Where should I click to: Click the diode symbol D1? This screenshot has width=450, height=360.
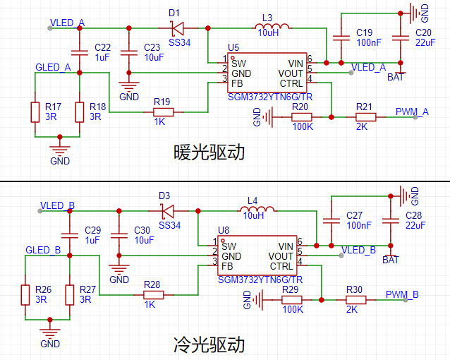point(176,28)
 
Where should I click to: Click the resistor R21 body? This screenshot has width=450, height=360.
point(365,117)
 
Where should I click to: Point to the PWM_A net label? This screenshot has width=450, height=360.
point(412,112)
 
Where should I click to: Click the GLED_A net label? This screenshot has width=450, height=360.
point(53,68)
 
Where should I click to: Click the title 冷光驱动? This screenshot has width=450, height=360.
point(209,345)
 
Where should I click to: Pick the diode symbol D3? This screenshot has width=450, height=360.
point(166,210)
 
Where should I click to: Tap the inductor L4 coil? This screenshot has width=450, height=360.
point(258,209)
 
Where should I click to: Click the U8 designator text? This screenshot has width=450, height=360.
point(224,230)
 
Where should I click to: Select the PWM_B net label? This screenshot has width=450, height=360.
point(402,294)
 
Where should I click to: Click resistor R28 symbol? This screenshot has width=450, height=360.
point(152,294)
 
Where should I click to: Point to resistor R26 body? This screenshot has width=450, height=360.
point(25,294)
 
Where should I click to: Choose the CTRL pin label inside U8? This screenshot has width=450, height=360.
point(281,266)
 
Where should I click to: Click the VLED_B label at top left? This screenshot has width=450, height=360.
point(57,205)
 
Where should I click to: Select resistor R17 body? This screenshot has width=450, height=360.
point(35,112)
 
